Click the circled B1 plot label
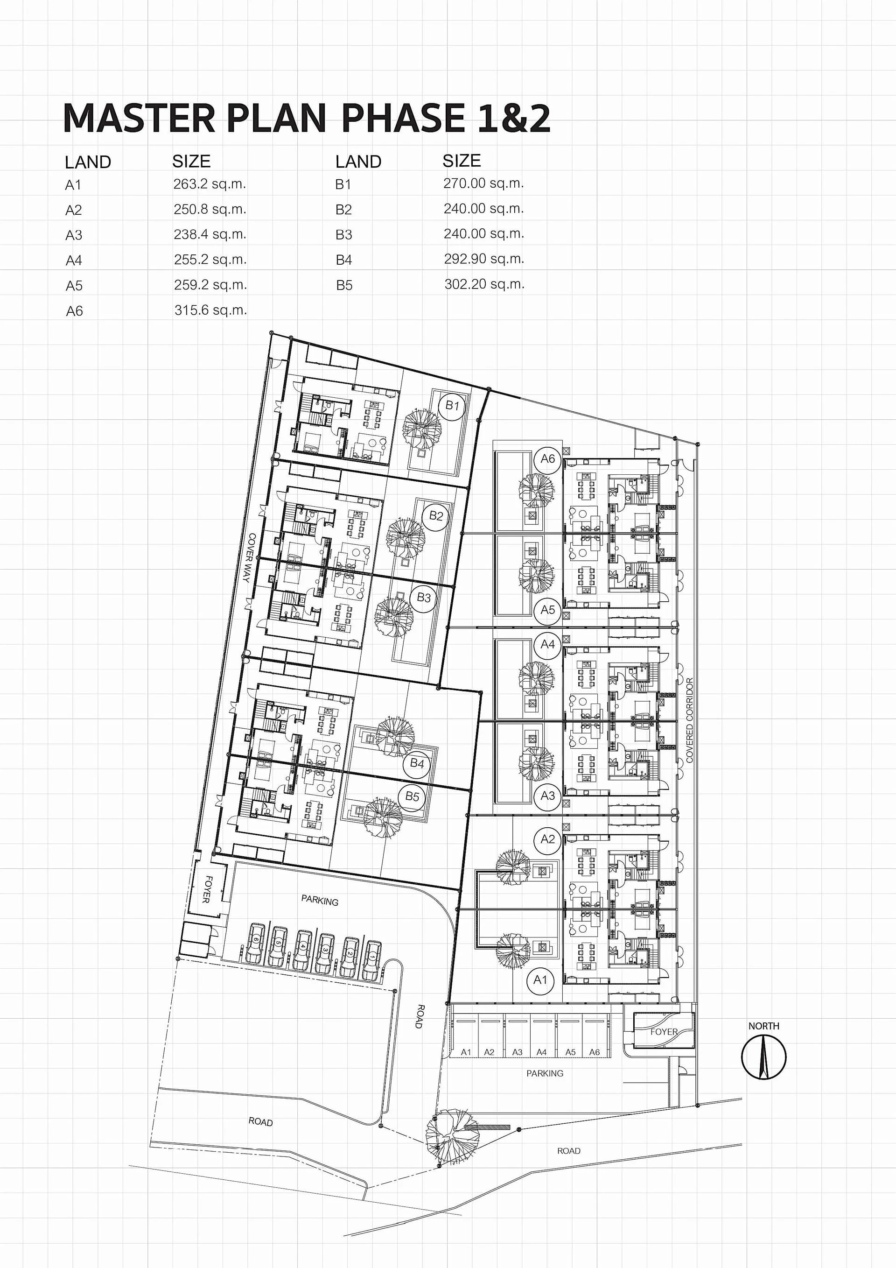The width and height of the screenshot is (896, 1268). click(452, 405)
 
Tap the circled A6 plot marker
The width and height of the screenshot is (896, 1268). click(548, 459)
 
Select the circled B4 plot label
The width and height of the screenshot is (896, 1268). click(417, 764)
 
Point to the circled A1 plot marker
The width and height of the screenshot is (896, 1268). click(540, 980)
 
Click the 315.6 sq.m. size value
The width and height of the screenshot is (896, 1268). click(210, 310)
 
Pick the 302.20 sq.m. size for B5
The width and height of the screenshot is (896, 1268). click(484, 284)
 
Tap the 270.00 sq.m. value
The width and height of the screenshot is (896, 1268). click(483, 183)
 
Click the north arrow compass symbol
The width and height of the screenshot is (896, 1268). click(763, 1057)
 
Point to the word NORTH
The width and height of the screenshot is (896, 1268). click(763, 1026)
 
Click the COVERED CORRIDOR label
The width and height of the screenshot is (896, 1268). click(690, 720)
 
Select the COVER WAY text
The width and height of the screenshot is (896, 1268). click(250, 558)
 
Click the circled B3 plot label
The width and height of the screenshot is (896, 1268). click(423, 598)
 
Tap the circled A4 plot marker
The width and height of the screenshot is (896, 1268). click(548, 644)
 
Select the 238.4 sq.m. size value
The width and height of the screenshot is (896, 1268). click(210, 235)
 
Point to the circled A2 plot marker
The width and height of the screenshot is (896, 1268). click(548, 839)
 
